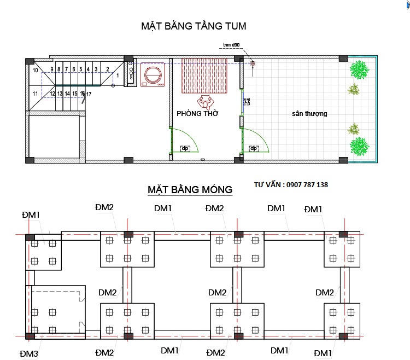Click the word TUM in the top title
tap(233, 26)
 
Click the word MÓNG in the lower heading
tap(215, 190)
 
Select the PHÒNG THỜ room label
tap(198, 114)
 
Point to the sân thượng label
tap(309, 114)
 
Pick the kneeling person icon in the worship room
tap(206, 101)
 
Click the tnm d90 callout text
tap(231, 45)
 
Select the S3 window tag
tap(246, 102)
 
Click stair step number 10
tap(35, 70)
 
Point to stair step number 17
tap(89, 94)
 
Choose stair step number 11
tap(35, 94)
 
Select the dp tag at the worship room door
tap(185, 148)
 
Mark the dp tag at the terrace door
tap(254, 148)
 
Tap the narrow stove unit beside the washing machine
tap(131, 72)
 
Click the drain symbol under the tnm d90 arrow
tap(253, 64)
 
